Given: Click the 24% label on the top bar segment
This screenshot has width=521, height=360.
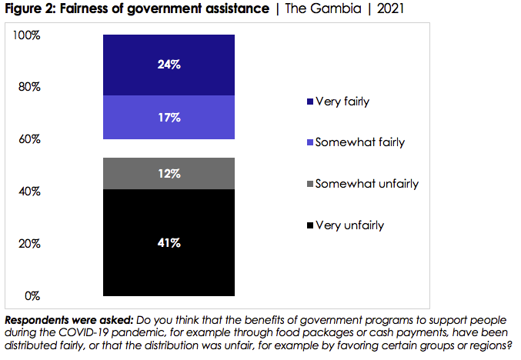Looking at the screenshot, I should pos(169,65).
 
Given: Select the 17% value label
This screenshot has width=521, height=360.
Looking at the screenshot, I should pos(169,118).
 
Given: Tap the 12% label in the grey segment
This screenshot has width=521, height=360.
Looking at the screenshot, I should pos(169,174).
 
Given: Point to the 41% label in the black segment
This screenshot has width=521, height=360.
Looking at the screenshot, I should pos(169,243).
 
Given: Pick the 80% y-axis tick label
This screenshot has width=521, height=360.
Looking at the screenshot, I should pos(28,87).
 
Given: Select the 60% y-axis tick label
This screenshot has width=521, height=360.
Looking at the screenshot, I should pos(28,139).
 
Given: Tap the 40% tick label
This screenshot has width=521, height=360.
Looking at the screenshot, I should pos(28,192).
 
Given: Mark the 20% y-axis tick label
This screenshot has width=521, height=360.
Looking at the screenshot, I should pos(28,244).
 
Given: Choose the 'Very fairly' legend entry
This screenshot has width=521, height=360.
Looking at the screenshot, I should pos(342,102).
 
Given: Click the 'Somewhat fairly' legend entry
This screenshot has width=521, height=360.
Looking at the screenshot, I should pos(355,142).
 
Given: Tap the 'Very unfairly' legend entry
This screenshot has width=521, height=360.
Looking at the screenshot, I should pos(349,225).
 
